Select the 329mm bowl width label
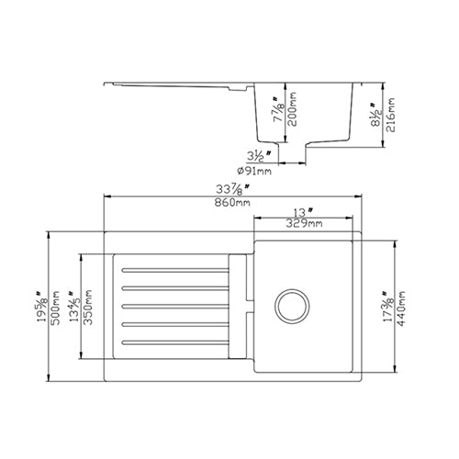pyautogui.click(x=302, y=223)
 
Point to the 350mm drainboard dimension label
pyautogui.click(x=87, y=307)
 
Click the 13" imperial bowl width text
pyautogui.click(x=302, y=211)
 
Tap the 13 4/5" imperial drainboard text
pyautogui.click(x=75, y=307)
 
